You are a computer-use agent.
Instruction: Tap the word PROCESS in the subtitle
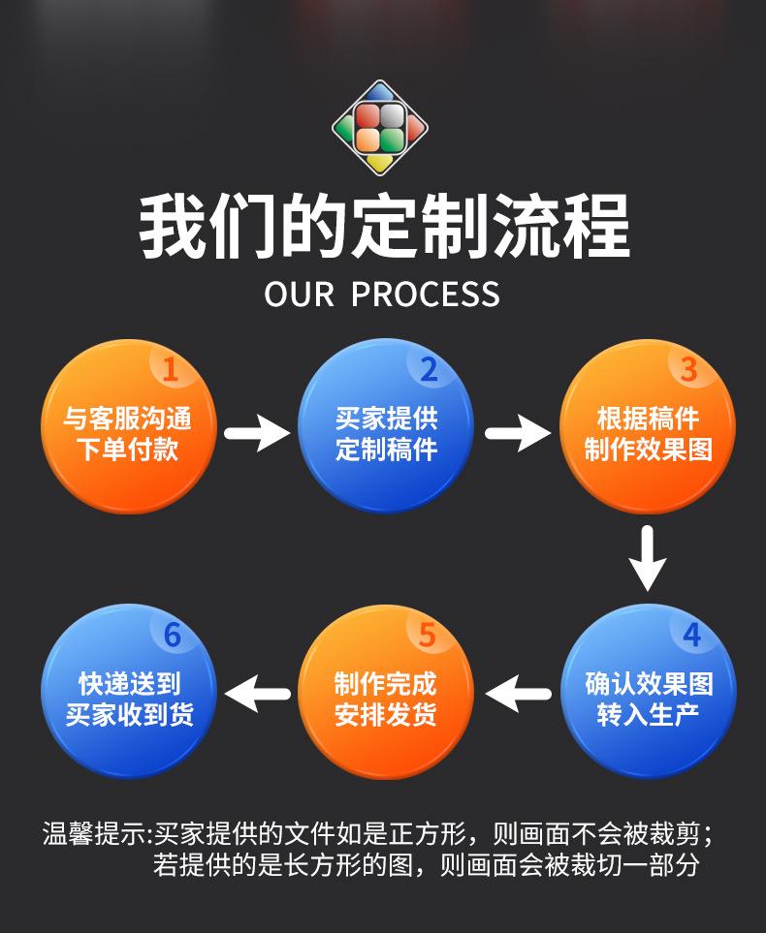pyautogui.click(x=426, y=294)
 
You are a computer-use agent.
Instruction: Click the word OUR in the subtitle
pyautogui.click(x=300, y=294)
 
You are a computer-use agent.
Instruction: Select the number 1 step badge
pyautogui.click(x=171, y=369)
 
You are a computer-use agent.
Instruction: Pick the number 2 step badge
pyautogui.click(x=428, y=369)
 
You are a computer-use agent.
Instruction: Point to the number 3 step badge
pyautogui.click(x=688, y=369)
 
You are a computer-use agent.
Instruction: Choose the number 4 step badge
pyautogui.click(x=690, y=635)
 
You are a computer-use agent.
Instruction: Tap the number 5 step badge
pyautogui.click(x=428, y=635)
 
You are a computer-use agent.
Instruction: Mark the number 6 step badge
pyautogui.click(x=172, y=635)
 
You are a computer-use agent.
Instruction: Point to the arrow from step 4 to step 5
pyautogui.click(x=518, y=693)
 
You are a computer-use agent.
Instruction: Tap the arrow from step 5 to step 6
pyautogui.click(x=258, y=693)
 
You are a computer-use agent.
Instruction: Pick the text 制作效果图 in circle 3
pyautogui.click(x=648, y=450)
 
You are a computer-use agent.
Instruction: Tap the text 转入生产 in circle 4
pyautogui.click(x=648, y=715)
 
